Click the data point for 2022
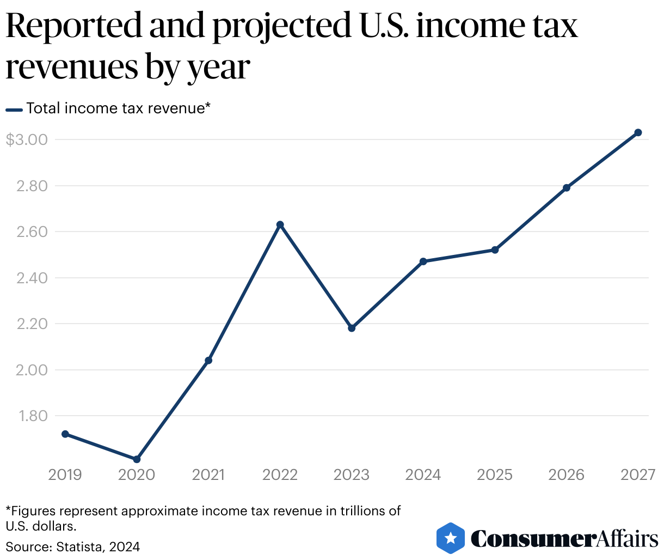click(280, 224)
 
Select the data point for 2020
click(137, 459)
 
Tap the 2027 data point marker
click(638, 132)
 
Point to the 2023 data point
click(352, 328)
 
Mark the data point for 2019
click(65, 434)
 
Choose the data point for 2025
click(495, 250)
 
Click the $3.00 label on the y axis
click(27, 139)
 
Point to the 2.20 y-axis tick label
click(32, 324)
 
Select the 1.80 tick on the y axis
click(33, 416)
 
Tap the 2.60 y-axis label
click(32, 232)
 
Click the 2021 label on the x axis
click(208, 475)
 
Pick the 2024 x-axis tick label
click(423, 475)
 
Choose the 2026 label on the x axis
click(566, 475)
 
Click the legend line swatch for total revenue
click(14, 109)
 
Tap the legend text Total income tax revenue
click(118, 108)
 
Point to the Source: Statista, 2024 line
click(72, 546)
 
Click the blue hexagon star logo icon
click(451, 538)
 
